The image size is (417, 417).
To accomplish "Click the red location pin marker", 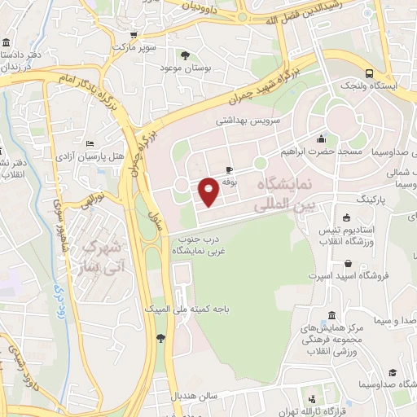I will point(208,191).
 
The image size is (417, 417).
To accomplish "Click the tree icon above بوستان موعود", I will point(187,56).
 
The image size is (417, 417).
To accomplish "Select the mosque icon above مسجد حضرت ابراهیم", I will point(321,138).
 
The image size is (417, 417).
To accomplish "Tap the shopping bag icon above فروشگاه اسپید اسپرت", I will point(349,263).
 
